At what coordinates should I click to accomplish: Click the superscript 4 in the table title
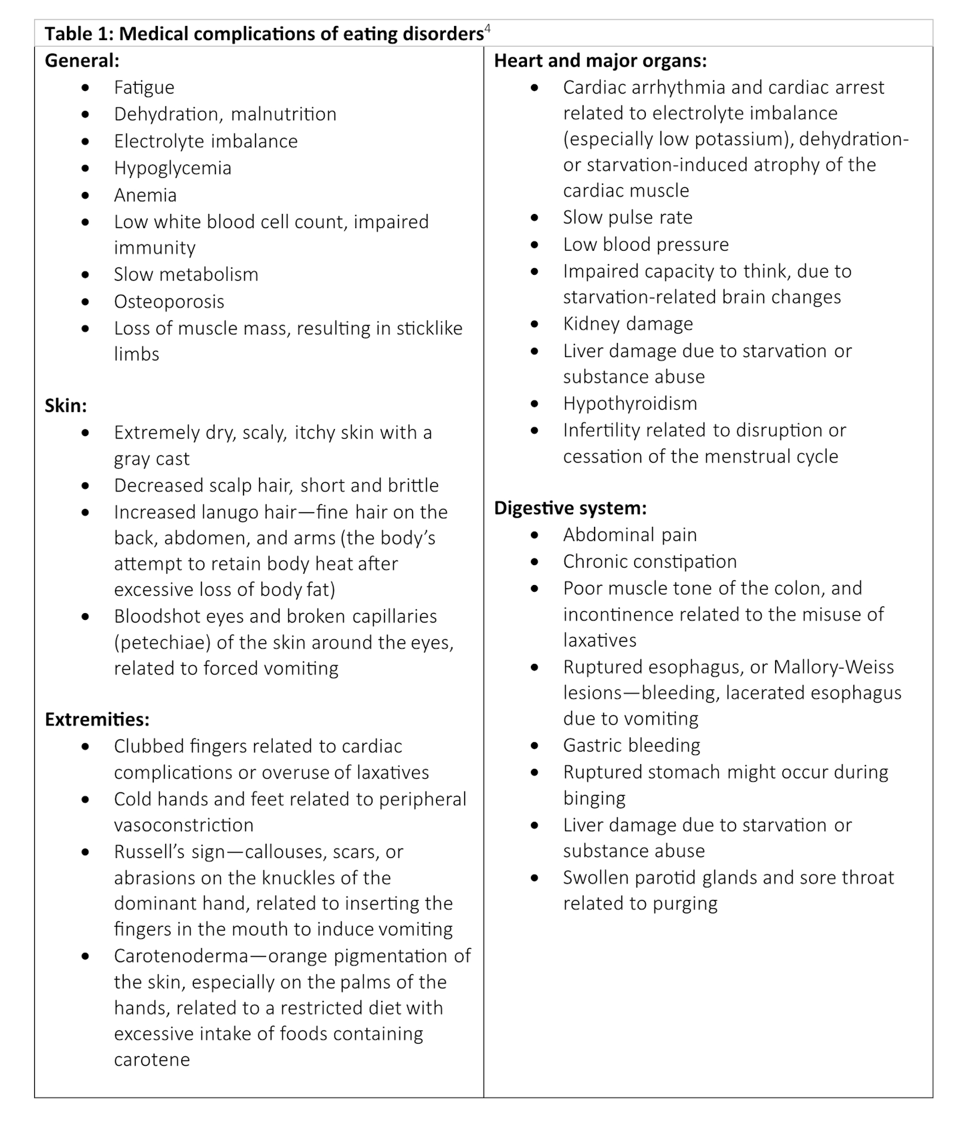click(x=488, y=29)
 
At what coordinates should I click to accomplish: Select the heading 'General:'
click(x=82, y=61)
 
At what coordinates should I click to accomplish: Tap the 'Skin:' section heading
click(x=66, y=406)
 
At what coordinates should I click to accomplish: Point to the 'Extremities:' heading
click(x=97, y=719)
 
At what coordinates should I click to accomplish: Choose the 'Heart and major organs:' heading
click(x=600, y=61)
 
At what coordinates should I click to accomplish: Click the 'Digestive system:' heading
click(x=570, y=508)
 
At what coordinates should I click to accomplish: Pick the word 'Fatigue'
click(x=144, y=88)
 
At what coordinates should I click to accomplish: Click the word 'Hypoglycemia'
click(x=173, y=168)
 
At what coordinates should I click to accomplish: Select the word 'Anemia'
click(x=145, y=195)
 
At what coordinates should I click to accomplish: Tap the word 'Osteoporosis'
click(x=169, y=302)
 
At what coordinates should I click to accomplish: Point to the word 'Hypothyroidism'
click(x=630, y=404)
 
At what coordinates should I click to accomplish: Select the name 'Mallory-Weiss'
click(x=833, y=667)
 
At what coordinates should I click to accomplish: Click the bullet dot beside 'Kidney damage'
click(x=534, y=324)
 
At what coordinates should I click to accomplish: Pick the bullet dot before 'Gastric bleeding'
click(x=534, y=746)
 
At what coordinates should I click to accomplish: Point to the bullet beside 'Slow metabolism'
click(x=85, y=275)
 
